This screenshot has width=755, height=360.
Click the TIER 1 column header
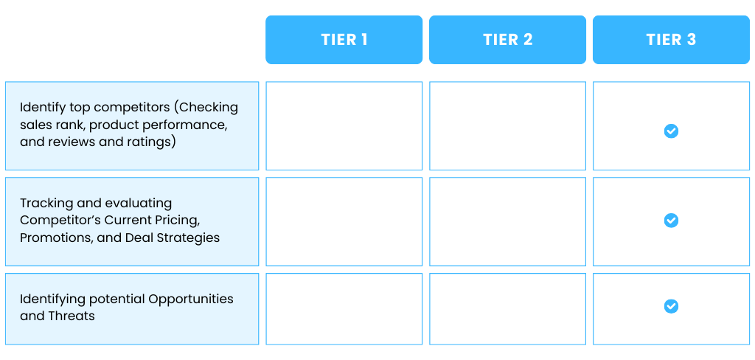point(344,40)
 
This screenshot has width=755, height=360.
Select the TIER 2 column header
point(507,40)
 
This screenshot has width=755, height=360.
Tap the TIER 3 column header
point(671,40)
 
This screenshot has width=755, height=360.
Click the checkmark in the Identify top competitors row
point(671,131)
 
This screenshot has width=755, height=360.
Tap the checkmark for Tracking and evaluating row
point(671,221)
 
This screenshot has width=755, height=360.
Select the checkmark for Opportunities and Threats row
point(671,306)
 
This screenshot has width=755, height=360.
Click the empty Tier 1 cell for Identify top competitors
point(344,126)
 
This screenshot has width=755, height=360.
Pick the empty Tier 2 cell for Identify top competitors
point(507,126)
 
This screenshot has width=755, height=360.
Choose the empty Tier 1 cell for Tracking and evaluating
point(344,222)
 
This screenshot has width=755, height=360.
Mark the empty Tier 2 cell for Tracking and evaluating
point(507,222)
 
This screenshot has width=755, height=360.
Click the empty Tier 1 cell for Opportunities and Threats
point(344,309)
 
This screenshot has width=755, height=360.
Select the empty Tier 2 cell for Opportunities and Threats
point(507,309)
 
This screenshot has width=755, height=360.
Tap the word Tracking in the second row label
point(46,204)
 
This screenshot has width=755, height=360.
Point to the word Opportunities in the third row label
point(191,300)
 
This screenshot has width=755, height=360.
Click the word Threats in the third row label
point(72,316)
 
